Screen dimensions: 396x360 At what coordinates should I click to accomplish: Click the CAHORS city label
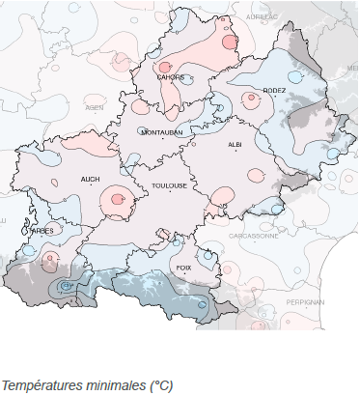(171, 77)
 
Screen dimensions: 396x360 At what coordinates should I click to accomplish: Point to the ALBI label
(235, 144)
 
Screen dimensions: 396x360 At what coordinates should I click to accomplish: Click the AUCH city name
(91, 180)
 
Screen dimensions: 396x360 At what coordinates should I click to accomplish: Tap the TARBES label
(42, 231)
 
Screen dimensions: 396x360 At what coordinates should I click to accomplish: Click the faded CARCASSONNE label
(253, 235)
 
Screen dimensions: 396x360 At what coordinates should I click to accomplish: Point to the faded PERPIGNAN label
(306, 301)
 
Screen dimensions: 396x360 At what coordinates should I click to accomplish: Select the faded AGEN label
(95, 108)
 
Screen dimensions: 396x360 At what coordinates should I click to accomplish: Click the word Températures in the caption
(47, 384)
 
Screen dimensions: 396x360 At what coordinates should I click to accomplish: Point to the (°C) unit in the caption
(160, 384)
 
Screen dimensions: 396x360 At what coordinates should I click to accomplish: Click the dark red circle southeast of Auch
(117, 199)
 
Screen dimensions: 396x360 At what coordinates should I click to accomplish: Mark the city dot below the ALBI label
(235, 153)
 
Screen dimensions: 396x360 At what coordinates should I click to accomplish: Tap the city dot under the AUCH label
(92, 188)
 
